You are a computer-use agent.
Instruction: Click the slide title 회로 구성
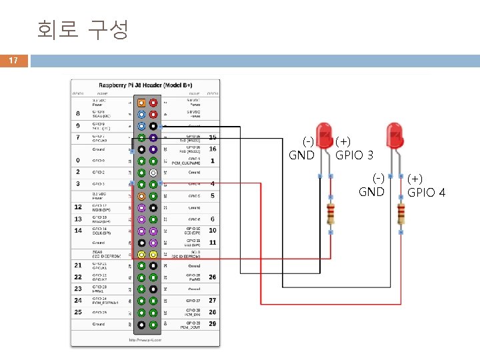tap(82, 29)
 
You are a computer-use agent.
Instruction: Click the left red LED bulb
tap(325, 135)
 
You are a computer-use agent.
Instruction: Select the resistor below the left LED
tap(331, 214)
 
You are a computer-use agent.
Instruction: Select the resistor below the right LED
tap(401, 214)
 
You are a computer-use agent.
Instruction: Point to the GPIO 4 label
tap(426, 193)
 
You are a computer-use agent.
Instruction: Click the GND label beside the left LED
tap(301, 155)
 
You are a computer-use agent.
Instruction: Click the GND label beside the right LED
tap(371, 192)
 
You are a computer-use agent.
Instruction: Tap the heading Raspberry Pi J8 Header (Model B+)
tap(145, 85)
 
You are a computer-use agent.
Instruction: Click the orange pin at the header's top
tap(141, 103)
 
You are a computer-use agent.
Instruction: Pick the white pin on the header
tap(153, 172)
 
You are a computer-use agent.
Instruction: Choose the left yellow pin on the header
tap(141, 254)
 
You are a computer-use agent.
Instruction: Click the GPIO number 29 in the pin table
tap(213, 323)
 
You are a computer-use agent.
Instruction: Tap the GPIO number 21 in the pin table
tap(78, 265)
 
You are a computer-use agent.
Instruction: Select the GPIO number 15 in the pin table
tap(213, 137)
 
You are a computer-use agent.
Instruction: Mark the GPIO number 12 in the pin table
tap(78, 207)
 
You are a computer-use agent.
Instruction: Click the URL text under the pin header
tap(146, 339)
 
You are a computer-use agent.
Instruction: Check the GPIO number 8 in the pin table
tap(78, 114)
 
